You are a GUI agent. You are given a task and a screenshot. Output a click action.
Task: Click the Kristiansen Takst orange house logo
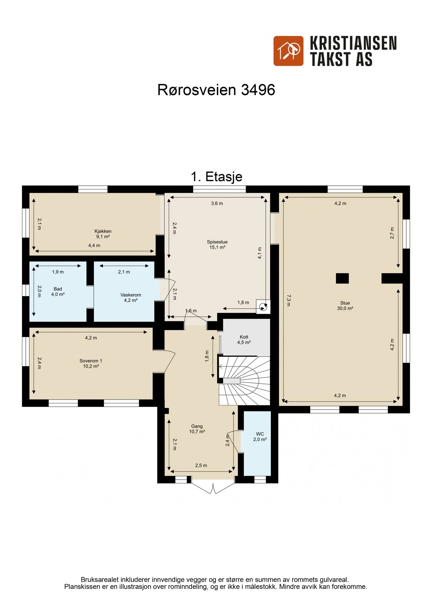(288, 51)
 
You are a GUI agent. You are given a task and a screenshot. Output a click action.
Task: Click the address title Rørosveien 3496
(216, 90)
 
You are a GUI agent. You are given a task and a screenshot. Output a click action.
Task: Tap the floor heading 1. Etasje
(217, 177)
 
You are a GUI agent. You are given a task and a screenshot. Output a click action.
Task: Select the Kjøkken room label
(103, 234)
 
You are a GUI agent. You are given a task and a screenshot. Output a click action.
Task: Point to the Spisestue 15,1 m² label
(217, 244)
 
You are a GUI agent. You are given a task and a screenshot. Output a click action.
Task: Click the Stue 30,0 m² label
(345, 305)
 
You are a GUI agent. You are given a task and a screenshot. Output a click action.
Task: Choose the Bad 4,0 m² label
(58, 292)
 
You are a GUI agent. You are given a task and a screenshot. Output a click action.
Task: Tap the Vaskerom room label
(131, 297)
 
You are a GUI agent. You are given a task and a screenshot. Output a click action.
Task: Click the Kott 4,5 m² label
(244, 339)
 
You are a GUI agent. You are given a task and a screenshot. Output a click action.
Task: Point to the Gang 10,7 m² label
(197, 429)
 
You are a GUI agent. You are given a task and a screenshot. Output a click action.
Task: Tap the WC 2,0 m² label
(260, 437)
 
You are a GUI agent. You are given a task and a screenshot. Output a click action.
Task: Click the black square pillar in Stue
(342, 278)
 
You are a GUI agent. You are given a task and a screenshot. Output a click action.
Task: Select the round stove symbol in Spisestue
(263, 307)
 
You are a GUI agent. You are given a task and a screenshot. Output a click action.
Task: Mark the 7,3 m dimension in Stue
(288, 300)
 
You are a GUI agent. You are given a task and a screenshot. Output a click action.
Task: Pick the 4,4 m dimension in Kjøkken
(94, 245)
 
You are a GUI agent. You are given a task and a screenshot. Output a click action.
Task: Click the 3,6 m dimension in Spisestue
(217, 203)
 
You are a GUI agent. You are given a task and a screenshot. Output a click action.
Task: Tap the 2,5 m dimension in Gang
(201, 465)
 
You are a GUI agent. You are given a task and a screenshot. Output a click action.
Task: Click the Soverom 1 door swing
(170, 362)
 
